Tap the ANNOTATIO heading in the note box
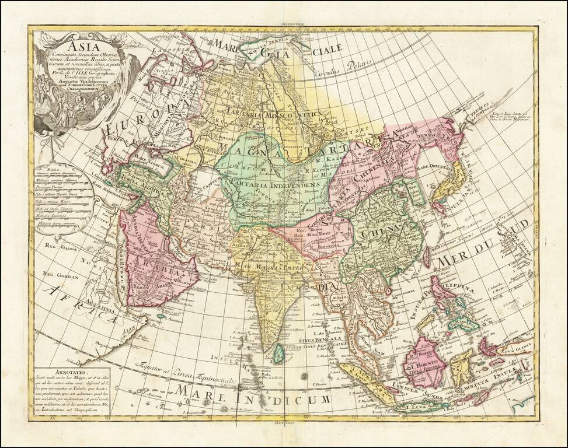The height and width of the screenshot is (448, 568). (60, 370)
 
